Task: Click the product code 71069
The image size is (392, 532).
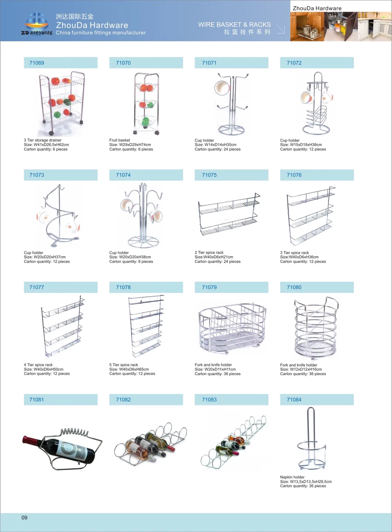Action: (x=37, y=63)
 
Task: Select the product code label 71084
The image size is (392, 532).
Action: (x=294, y=400)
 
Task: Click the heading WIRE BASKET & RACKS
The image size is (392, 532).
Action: (x=234, y=24)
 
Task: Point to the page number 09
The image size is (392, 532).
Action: (x=24, y=518)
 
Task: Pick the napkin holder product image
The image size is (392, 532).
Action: (x=312, y=439)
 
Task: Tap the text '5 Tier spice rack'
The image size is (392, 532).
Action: (x=124, y=365)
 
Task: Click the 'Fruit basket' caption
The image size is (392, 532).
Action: (x=119, y=140)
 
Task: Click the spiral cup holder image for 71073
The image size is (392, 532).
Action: (x=59, y=216)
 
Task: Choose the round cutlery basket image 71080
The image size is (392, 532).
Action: (x=316, y=327)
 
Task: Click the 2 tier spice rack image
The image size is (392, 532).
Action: (x=229, y=215)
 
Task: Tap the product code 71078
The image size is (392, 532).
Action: (x=123, y=287)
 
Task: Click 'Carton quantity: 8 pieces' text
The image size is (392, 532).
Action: (x=131, y=262)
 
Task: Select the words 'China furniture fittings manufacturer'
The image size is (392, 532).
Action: (x=101, y=33)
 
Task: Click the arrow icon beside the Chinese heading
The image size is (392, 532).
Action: (x=281, y=29)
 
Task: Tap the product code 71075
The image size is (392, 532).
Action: (x=209, y=175)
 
